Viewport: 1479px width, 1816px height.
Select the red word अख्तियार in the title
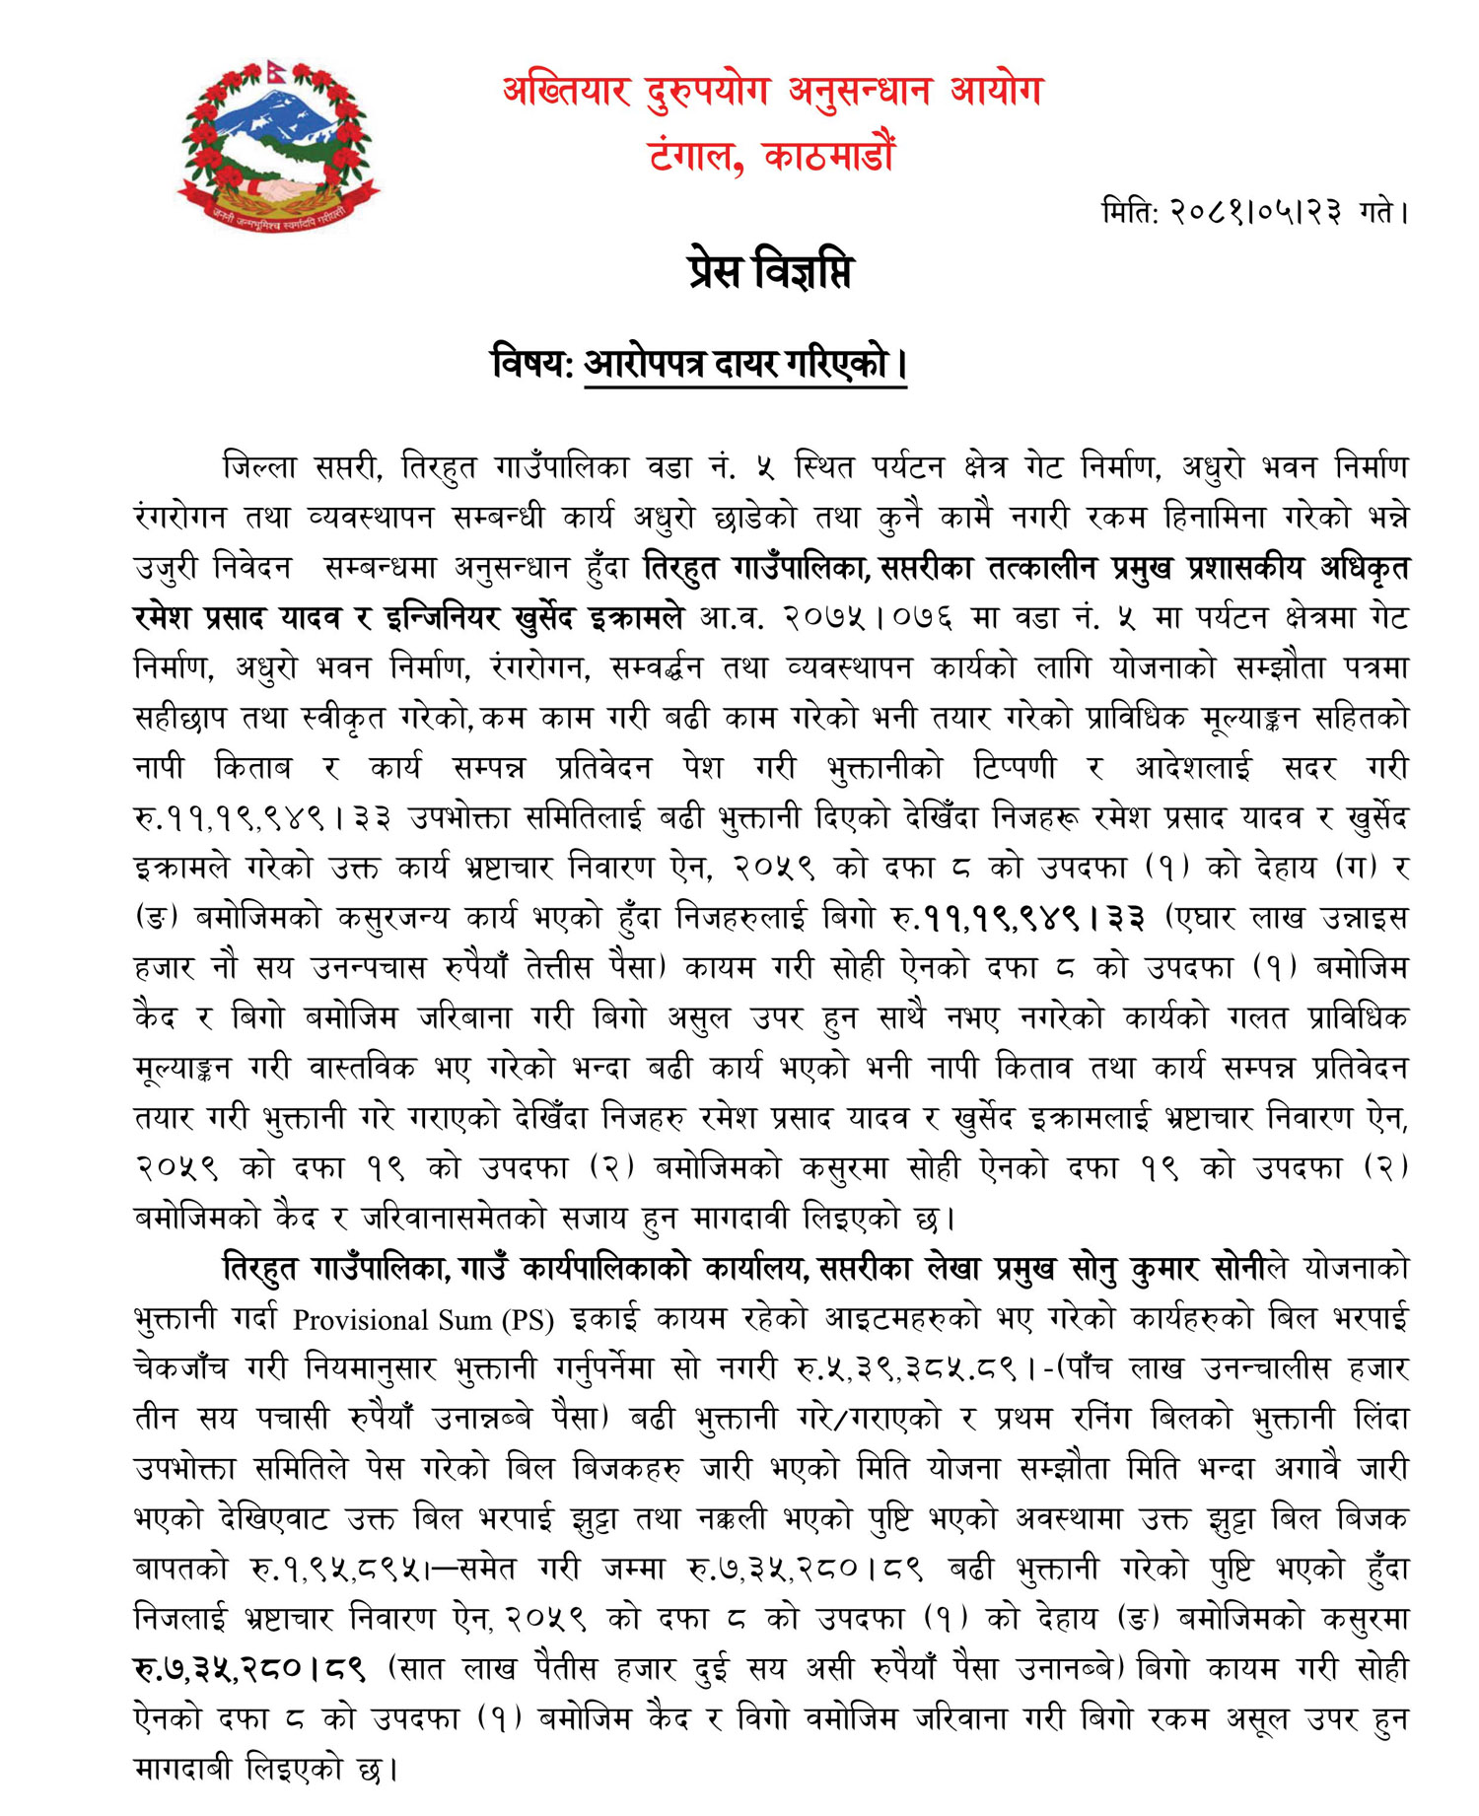click(x=566, y=92)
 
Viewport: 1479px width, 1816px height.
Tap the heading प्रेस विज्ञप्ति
click(x=770, y=272)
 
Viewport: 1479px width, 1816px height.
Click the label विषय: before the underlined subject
click(x=532, y=364)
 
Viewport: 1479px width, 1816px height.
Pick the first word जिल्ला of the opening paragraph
click(x=259, y=466)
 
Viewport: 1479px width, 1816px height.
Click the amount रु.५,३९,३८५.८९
click(x=905, y=1369)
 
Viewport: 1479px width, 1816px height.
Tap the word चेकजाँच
click(x=180, y=1369)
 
